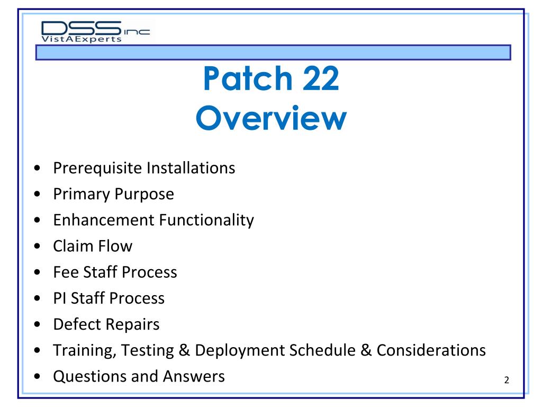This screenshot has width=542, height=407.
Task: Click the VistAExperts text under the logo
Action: tap(82, 39)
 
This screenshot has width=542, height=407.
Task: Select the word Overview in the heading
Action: tap(271, 119)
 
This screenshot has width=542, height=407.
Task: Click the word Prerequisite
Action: tap(97, 169)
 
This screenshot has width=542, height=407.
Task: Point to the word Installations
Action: tap(191, 169)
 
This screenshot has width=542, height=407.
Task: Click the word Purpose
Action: tap(144, 194)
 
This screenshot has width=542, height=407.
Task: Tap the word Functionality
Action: tap(206, 220)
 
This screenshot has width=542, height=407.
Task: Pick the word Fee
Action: tap(63, 272)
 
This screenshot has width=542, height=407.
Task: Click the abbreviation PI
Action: tap(59, 298)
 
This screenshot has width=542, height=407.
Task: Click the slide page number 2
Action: tap(507, 380)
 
